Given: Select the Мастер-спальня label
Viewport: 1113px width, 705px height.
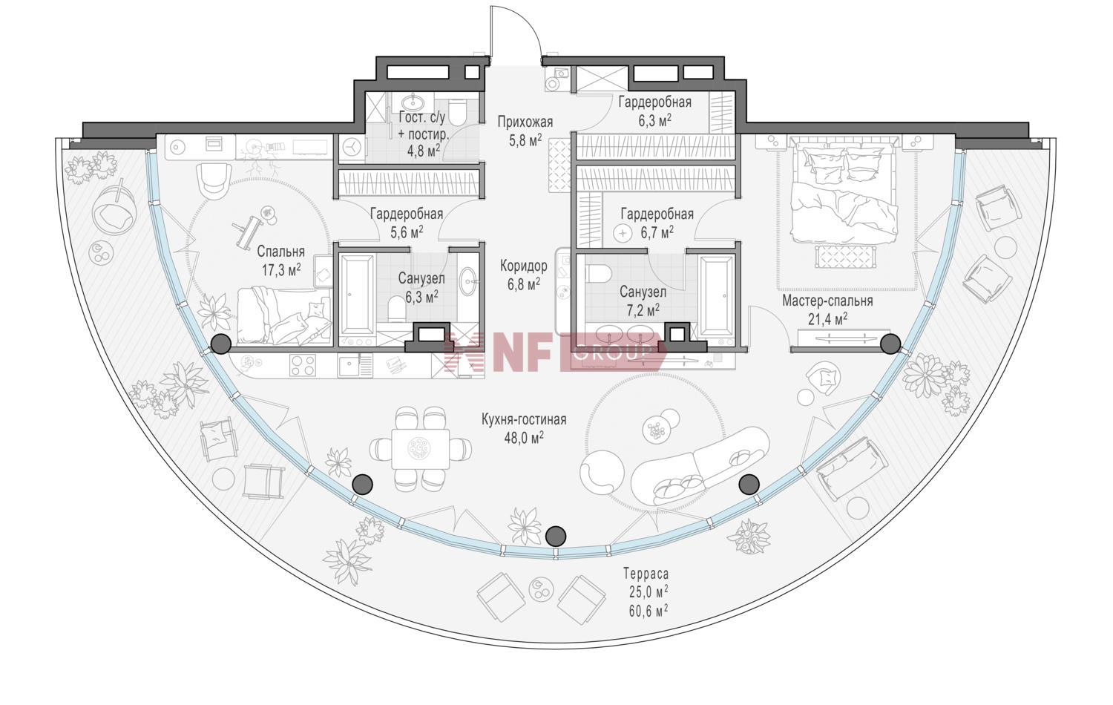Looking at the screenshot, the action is coord(827,301).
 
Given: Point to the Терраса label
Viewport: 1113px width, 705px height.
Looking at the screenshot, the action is coord(646,574).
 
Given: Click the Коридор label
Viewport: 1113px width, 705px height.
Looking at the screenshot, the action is coord(524,266).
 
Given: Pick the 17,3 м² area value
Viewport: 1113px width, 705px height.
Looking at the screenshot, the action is coord(282,270).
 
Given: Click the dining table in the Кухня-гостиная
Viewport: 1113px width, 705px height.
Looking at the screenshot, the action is coord(421,449).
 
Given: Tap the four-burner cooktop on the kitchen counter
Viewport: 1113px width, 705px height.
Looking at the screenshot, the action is coord(303,366).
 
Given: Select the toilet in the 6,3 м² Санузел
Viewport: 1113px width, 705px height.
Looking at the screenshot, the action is coord(396,308).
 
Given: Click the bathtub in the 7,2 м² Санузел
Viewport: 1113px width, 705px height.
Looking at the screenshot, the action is coord(716,297).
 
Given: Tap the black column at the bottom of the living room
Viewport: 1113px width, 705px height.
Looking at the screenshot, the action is coord(556,536).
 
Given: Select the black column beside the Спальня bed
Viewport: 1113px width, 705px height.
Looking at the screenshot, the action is coord(220,344).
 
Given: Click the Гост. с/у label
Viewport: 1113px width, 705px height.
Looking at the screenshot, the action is coord(422,118).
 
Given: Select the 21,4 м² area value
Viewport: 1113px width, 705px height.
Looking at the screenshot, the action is coord(827,318).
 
